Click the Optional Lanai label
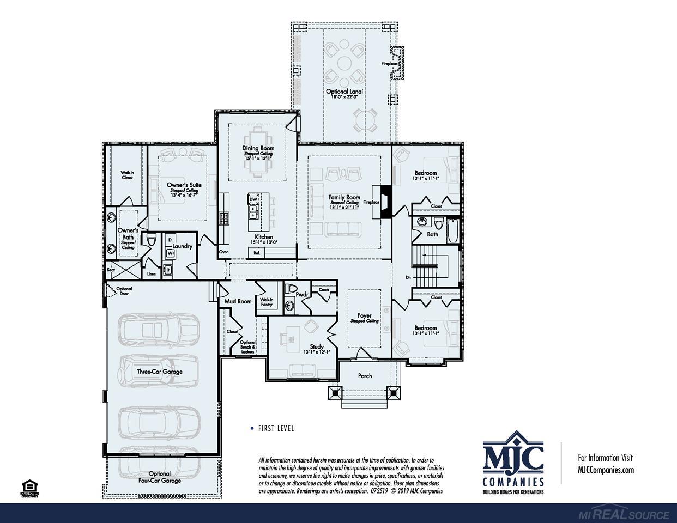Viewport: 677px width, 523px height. pos(344,92)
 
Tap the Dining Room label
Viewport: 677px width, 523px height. pos(258,148)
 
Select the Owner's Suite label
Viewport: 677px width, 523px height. pos(184,185)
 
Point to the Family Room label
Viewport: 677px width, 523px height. pos(344,197)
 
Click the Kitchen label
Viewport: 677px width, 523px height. pos(264,237)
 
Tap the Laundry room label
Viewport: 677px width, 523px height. pos(183,246)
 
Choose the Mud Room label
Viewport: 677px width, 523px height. pos(238,301)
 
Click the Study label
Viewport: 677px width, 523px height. pos(317,346)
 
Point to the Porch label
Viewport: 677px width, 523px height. pos(365,376)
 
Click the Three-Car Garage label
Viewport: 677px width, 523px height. pos(159,372)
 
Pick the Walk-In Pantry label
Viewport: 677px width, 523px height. pos(267,302)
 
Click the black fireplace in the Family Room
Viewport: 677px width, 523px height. pos(386,202)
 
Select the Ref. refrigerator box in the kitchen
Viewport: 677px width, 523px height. pos(256,252)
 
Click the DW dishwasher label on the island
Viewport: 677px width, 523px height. pos(253,199)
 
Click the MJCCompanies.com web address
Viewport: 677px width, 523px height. pos(606,470)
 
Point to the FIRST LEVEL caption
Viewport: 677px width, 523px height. pos(276,428)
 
